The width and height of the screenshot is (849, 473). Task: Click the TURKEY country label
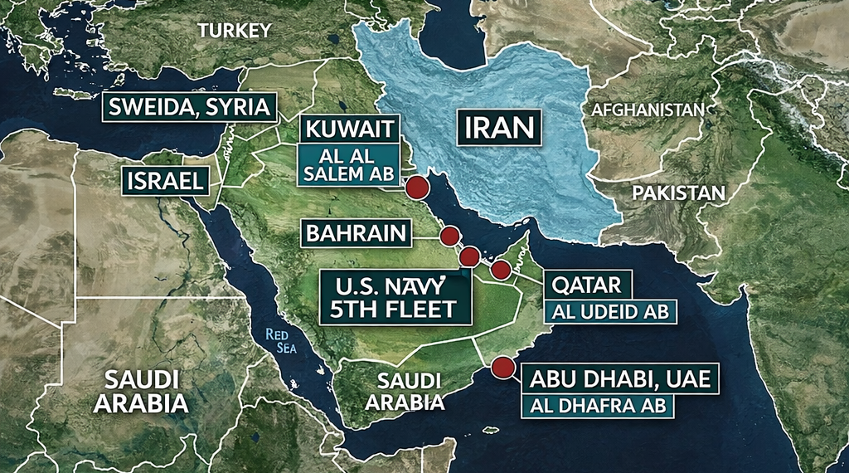[x=235, y=31]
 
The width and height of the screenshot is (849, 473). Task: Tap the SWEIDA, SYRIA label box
[x=189, y=107]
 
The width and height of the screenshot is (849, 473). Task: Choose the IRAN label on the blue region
[x=497, y=128]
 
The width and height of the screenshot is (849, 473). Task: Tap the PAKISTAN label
[x=678, y=193]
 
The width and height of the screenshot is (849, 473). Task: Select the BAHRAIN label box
[x=357, y=233]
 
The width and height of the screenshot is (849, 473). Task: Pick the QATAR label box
[x=587, y=285]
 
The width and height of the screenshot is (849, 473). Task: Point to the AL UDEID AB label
[x=610, y=312]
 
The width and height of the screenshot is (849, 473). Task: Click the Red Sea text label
[x=281, y=340]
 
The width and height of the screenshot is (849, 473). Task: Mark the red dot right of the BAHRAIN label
[x=449, y=236]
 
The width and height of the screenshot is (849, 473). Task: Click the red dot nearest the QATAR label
[x=501, y=269]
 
